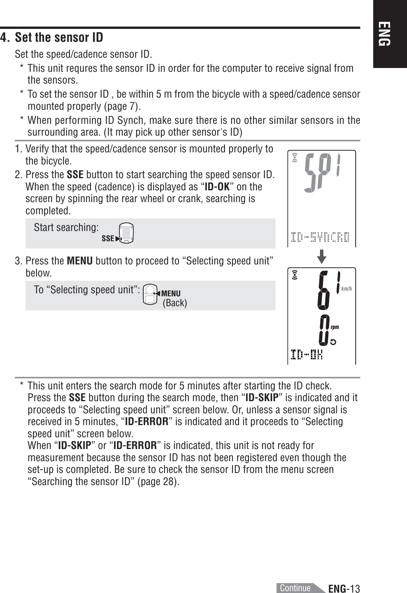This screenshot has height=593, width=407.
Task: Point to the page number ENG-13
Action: (x=344, y=588)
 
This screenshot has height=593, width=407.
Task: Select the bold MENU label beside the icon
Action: (x=171, y=293)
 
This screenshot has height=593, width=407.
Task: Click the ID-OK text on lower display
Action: (x=307, y=356)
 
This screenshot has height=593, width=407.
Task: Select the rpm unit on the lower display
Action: (x=334, y=327)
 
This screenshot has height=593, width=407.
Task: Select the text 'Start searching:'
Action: (x=66, y=228)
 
